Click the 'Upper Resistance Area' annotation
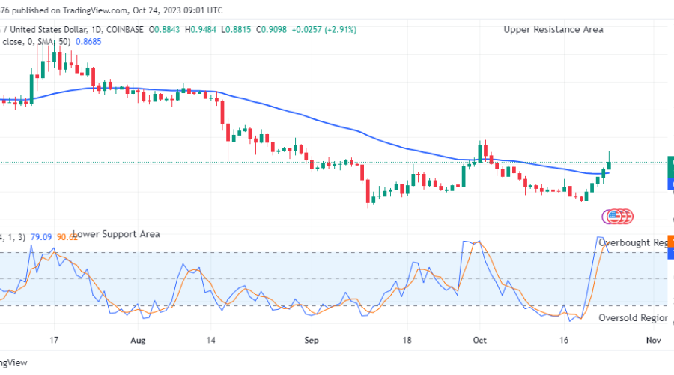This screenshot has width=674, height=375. pos(553,29)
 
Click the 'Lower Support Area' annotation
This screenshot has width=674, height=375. pos(116,234)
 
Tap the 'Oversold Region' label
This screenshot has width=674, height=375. pos(633,317)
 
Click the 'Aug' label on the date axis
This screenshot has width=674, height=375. pos(139,339)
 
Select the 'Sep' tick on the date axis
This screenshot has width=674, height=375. pos(312,339)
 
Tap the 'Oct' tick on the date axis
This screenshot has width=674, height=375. pos(479,339)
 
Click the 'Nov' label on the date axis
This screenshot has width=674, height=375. pos(652,339)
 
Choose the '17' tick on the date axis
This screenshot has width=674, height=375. pos(54,339)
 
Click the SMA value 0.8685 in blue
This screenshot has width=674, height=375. pos(88,42)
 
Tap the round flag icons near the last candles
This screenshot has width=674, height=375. pos(618,216)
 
